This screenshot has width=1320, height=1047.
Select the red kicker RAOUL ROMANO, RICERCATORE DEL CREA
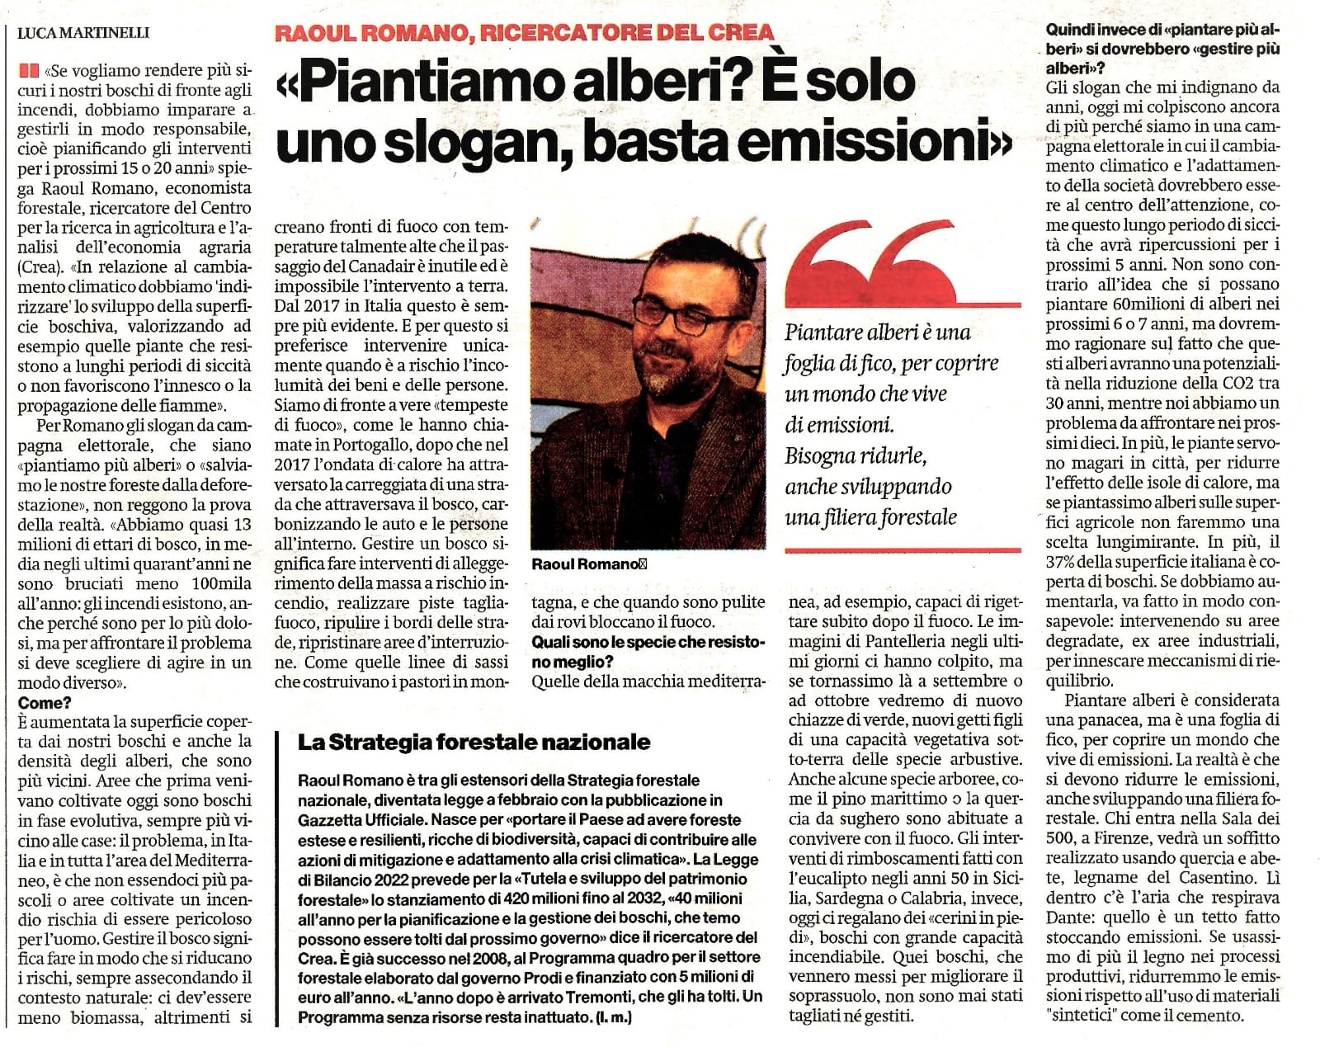click(x=524, y=33)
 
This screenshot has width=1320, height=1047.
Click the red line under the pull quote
click(x=903, y=549)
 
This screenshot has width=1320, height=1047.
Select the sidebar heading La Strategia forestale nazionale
click(x=474, y=742)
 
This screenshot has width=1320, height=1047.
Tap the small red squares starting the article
click(x=30, y=71)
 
